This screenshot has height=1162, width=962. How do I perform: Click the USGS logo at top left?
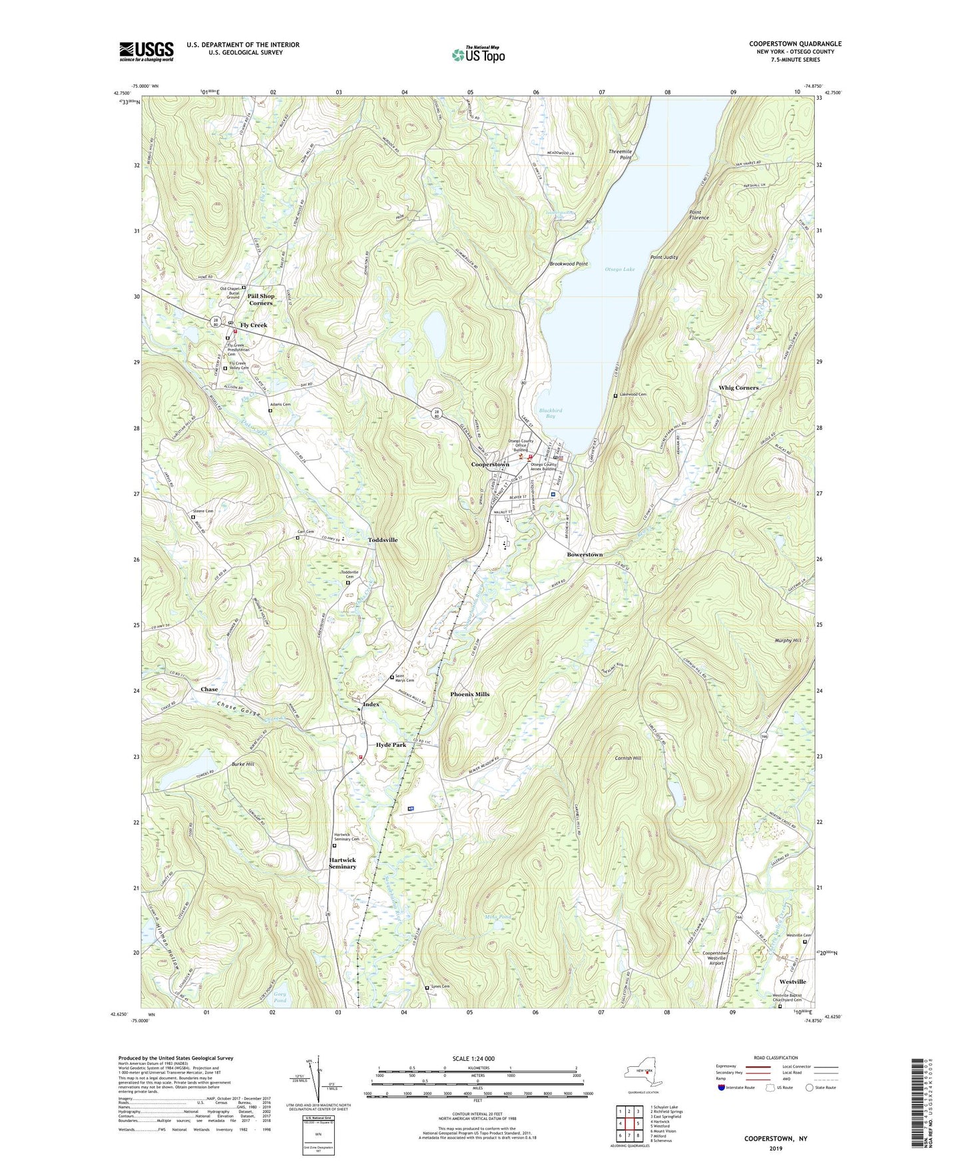click(x=146, y=51)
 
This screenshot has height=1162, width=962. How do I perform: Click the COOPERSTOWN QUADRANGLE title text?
click(x=795, y=44)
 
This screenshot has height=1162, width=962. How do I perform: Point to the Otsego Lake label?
click(x=619, y=270)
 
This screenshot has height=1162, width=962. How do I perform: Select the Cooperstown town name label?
click(x=490, y=464)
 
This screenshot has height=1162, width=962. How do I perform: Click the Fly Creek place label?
click(x=254, y=325)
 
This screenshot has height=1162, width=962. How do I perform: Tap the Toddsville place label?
click(x=383, y=540)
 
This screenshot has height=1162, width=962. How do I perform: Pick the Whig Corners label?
click(x=738, y=387)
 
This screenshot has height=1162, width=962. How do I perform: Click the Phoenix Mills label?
click(x=469, y=694)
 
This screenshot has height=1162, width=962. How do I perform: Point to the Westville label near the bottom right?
click(x=792, y=982)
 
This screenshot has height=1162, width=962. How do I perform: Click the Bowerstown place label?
click(x=585, y=554)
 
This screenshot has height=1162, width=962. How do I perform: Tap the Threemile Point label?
click(x=620, y=154)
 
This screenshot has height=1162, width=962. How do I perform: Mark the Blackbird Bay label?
click(x=551, y=413)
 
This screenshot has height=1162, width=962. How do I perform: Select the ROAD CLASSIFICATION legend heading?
click(x=776, y=1058)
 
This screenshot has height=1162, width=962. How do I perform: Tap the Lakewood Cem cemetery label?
click(x=632, y=395)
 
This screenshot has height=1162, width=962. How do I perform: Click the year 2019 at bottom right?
click(x=776, y=1149)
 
